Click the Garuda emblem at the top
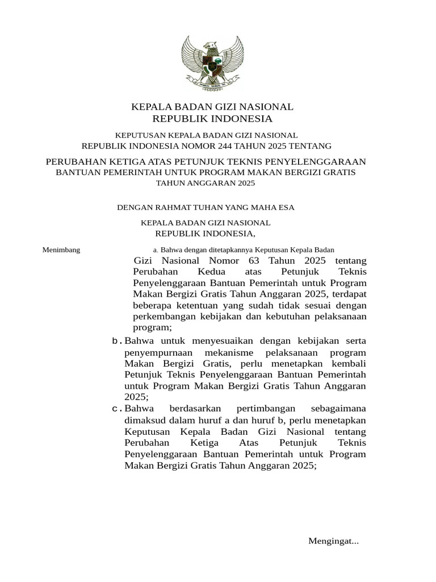coord(212,63)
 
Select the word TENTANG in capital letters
coord(311,145)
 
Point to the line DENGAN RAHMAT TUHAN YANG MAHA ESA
coord(206,207)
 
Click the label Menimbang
coord(61,250)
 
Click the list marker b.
coord(117,342)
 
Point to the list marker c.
coord(117,409)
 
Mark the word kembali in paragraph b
coord(347,363)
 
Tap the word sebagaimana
coord(339,409)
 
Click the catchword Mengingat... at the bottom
coord(334,541)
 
